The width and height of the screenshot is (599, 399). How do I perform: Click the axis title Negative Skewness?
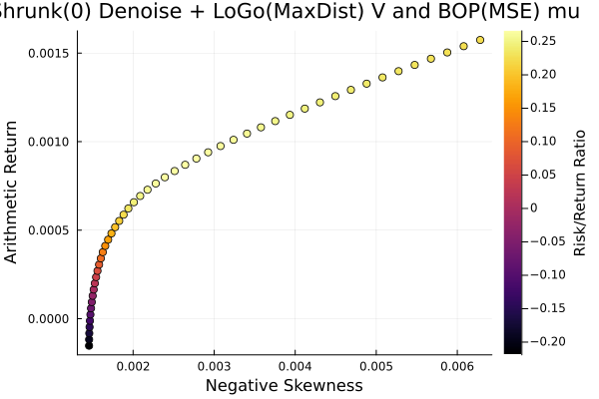285,386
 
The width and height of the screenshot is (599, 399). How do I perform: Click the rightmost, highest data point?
480,40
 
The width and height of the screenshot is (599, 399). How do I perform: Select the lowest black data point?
89,345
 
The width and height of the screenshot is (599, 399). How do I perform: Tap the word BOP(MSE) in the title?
403,13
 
